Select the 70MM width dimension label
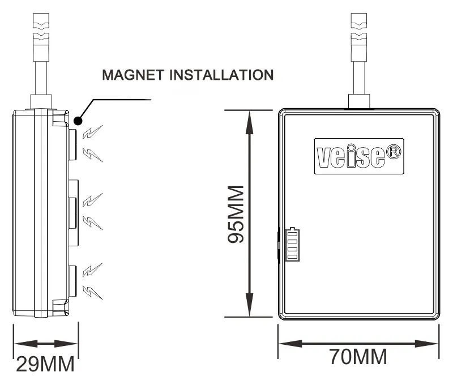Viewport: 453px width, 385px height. [x=359, y=357]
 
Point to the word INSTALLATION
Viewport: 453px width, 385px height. [x=229, y=75]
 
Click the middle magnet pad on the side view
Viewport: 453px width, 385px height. [x=72, y=212]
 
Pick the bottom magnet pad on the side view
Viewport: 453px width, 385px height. [x=72, y=281]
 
